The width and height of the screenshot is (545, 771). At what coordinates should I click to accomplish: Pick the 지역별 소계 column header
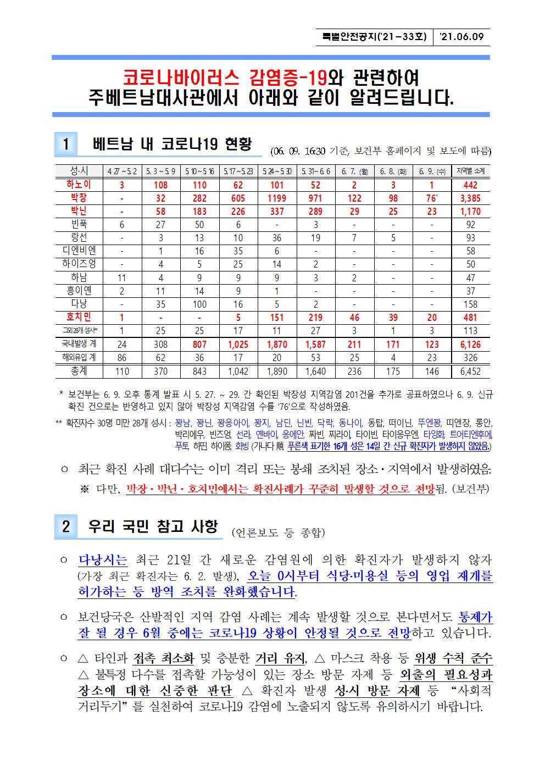pos(470,171)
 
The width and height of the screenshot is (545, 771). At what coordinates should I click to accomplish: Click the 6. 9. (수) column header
pos(432,171)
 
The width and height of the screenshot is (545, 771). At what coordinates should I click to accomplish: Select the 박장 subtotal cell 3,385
pos(470,198)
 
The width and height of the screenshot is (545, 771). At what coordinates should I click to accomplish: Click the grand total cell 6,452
pos(470,371)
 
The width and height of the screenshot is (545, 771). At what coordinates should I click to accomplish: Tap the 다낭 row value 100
pos(199,304)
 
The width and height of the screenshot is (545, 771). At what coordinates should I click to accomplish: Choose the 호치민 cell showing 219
pos(316,317)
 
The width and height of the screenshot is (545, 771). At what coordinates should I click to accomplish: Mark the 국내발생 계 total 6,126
pos(470,345)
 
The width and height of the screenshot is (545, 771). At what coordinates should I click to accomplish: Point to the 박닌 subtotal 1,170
pos(470,212)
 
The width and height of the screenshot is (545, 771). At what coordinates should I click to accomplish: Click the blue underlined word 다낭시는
pos(103,560)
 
